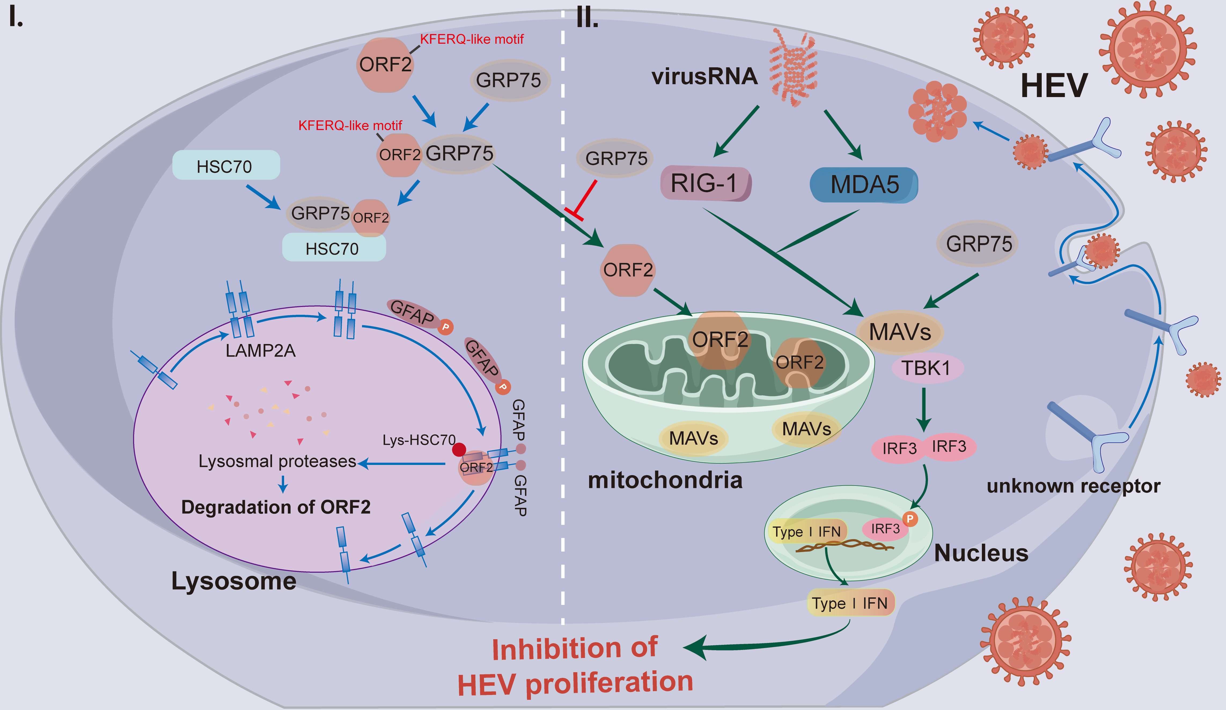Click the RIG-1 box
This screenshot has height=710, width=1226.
pos(706,184)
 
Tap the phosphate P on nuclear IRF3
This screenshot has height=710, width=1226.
pos(910,519)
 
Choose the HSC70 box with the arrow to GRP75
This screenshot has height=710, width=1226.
pos(226,166)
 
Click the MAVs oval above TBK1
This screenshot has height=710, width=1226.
pos(900,332)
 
